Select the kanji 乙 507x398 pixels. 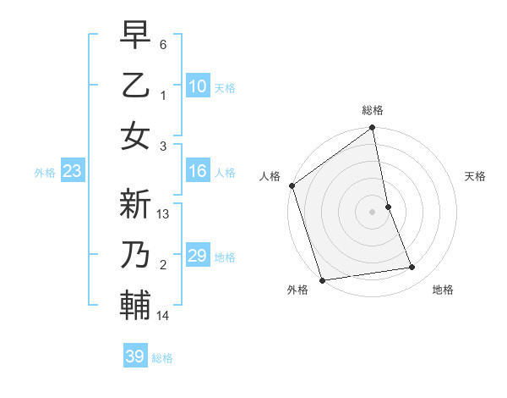135,86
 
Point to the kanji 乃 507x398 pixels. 135,257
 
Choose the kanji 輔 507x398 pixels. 135,306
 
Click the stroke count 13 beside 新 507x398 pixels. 164,214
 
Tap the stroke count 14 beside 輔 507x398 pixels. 164,316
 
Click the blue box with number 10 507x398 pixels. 198,86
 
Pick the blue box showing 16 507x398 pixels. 198,172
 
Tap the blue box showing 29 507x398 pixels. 198,256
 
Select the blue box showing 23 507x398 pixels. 72,172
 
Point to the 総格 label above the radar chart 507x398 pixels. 373,110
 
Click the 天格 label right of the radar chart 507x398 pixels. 476,176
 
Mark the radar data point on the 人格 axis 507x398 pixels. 292,185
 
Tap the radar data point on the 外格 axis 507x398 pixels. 322,279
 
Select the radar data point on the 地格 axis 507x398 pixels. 412,268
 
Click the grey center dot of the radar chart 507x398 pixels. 372,211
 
